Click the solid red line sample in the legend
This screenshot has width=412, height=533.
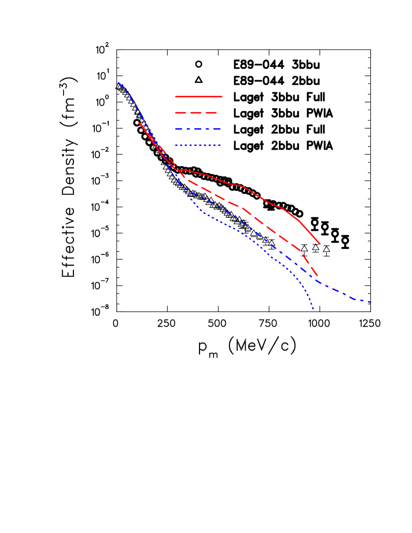coord(199,97)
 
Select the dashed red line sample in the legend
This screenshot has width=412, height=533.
coord(196,113)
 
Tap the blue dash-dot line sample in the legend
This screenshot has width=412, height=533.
coord(198,129)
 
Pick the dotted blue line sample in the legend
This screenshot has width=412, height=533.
coord(198,145)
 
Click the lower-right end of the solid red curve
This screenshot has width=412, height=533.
coord(320,244)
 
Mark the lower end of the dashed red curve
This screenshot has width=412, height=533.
coord(318,277)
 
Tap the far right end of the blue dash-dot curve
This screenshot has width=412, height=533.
coord(370,301)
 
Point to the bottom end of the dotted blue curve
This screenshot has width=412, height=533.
coord(313,310)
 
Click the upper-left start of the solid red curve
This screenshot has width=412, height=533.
coord(138,122)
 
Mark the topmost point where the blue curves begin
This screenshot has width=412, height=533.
coord(118,82)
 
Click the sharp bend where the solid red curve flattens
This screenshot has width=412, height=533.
coord(177,170)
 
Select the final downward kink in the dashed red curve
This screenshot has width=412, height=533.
coord(300,251)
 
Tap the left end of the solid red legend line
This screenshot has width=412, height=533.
coord(176,97)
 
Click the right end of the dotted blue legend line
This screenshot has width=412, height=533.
coord(220,145)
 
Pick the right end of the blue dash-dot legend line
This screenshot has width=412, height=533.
coord(221,129)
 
